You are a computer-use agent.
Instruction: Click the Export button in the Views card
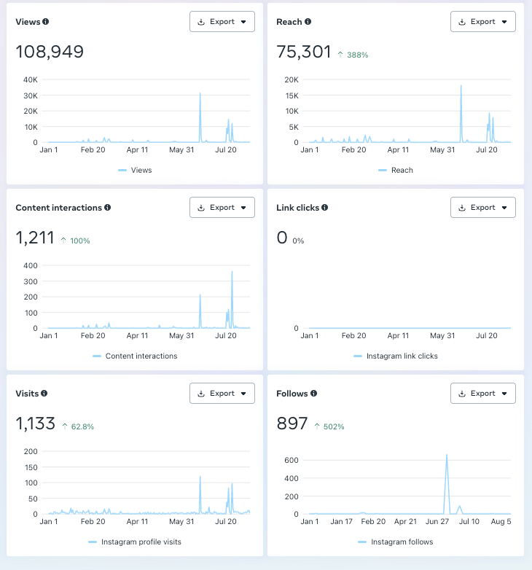point(222,22)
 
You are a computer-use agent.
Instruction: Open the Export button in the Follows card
point(483,394)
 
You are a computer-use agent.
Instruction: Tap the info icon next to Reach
point(308,22)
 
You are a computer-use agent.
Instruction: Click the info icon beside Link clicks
point(325,208)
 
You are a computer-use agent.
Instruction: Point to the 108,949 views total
point(50,52)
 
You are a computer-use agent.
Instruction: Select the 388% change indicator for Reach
point(353,55)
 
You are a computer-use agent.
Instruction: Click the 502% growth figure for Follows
point(329,426)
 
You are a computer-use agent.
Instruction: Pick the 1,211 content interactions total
point(35,238)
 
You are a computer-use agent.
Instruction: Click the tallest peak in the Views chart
point(200,94)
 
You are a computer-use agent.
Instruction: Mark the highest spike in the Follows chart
point(447,456)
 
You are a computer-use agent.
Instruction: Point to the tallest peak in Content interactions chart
point(232,273)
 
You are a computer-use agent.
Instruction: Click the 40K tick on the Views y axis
point(30,79)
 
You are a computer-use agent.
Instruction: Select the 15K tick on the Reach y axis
point(292,95)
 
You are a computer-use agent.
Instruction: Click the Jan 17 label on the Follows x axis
point(342,522)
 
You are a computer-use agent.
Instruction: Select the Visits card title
point(27,394)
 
